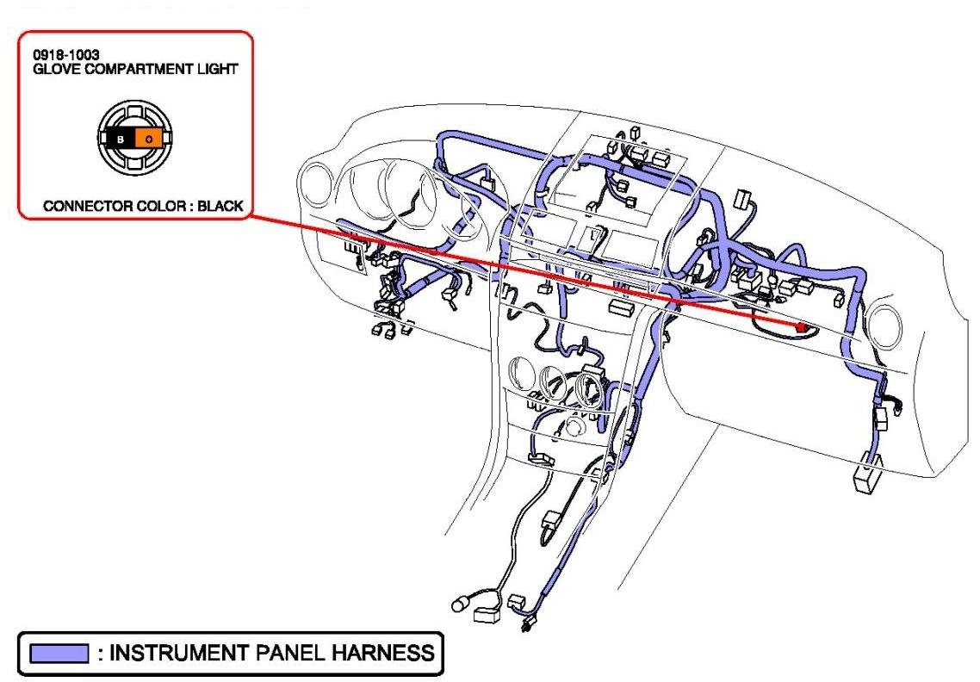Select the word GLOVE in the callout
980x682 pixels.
click(55, 68)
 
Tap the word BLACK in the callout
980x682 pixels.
click(220, 207)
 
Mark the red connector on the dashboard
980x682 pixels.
click(804, 327)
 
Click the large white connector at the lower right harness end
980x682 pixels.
click(865, 480)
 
